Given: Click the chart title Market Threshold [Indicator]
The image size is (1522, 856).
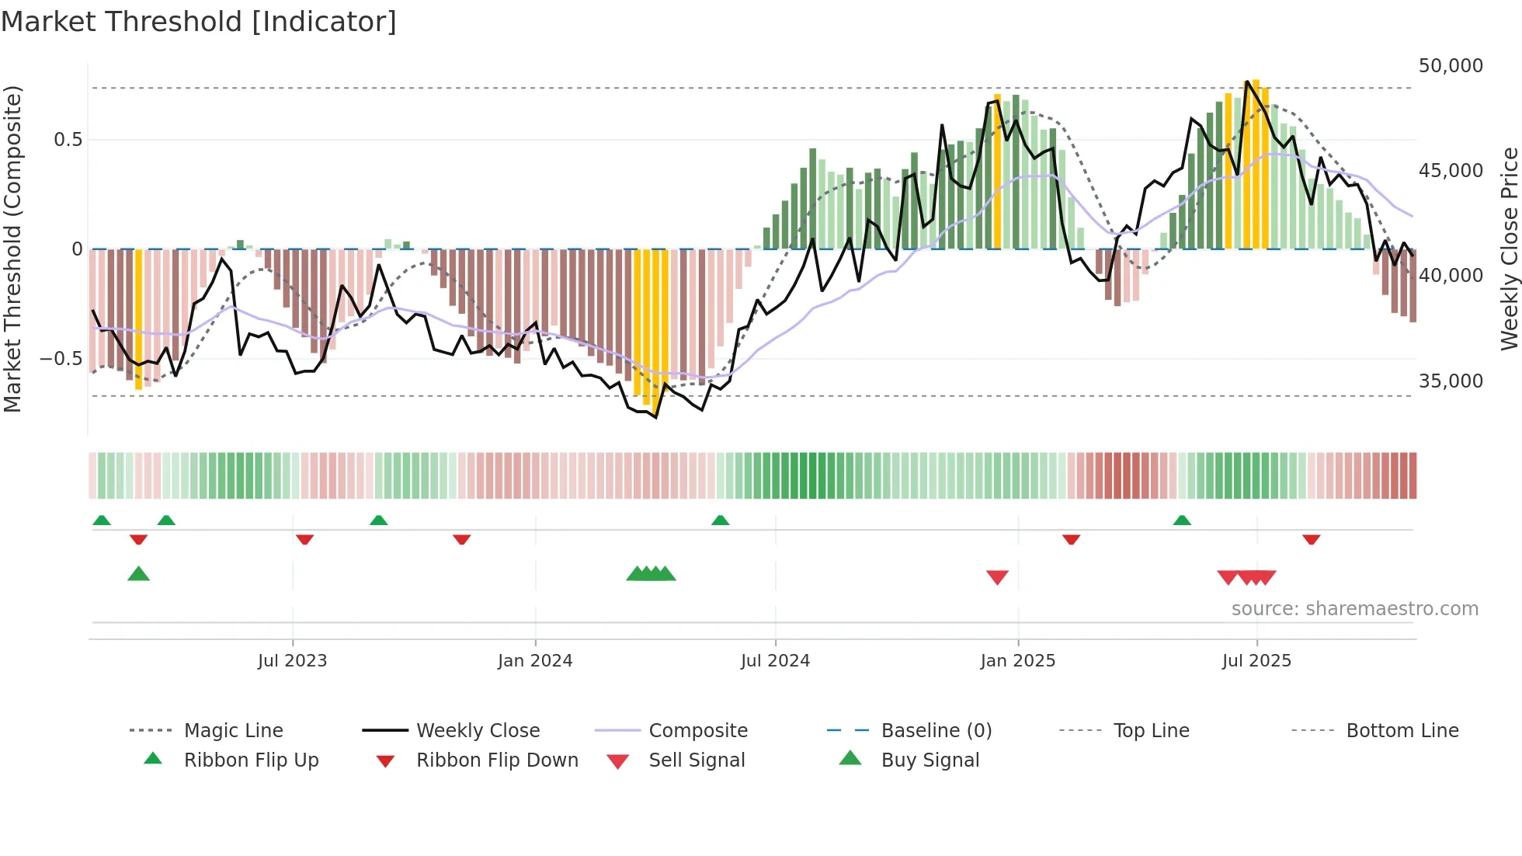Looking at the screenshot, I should click(199, 22).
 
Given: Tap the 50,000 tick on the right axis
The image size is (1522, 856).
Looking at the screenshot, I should click(1451, 66).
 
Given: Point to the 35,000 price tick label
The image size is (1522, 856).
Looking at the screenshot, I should click(1451, 381).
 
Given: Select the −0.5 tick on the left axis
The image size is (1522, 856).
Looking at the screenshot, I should click(61, 359).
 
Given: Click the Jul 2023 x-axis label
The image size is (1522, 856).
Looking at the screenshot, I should click(292, 661).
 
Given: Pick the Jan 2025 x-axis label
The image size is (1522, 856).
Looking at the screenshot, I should click(1017, 661).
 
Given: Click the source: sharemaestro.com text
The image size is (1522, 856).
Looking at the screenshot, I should click(1354, 609).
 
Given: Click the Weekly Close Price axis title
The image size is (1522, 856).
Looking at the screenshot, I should click(1509, 249).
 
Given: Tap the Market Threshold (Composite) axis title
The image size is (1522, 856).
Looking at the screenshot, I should click(12, 249).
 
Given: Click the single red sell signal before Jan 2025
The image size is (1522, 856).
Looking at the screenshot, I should click(997, 577).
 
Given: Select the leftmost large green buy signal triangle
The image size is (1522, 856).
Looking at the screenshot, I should click(138, 574).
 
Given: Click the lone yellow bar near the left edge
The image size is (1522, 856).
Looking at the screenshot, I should click(138, 318).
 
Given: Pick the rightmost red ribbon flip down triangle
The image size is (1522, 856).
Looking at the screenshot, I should click(1311, 540).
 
